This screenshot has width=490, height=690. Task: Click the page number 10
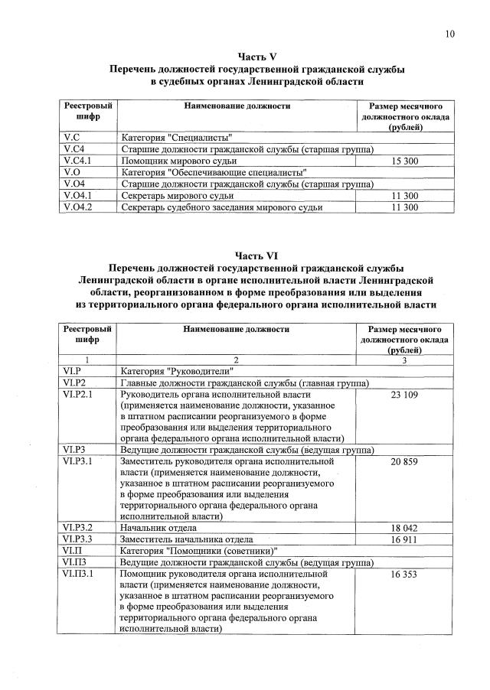pyautogui.click(x=449, y=33)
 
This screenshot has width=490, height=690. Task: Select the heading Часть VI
pyautogui.click(x=256, y=255)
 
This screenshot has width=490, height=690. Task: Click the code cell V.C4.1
pyautogui.click(x=77, y=161)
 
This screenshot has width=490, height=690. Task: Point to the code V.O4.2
pyautogui.click(x=77, y=207)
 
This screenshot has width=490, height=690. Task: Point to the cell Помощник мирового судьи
pyautogui.click(x=178, y=161)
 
